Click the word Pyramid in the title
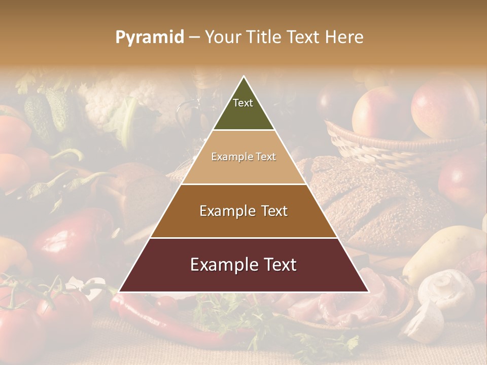149,38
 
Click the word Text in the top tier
243,103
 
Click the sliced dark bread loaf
375,203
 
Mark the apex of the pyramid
244,77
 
